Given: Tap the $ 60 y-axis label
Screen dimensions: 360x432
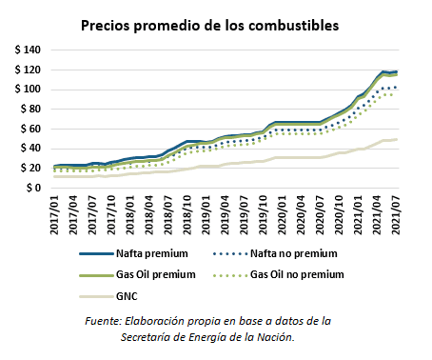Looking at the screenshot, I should click(x=29, y=129).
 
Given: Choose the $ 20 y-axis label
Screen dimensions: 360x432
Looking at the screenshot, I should click(x=29, y=168).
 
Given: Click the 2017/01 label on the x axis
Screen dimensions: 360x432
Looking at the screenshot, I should click(x=55, y=215).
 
